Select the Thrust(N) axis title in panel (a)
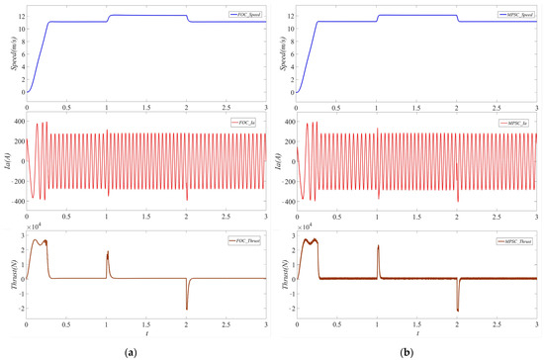tap(8, 276)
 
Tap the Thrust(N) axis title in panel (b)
tap(279, 276)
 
